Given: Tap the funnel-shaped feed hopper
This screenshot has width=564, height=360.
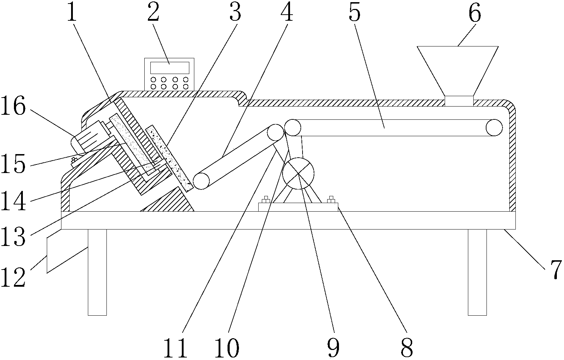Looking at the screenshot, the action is [458, 76].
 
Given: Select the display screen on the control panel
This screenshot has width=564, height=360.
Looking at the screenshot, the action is [170, 68].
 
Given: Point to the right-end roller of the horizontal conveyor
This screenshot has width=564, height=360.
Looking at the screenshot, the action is [494, 128].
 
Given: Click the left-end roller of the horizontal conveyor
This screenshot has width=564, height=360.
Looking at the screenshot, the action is [293, 128].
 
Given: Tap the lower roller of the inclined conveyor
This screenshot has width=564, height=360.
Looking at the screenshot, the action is [201, 181].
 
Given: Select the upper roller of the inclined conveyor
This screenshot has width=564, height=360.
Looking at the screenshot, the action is [275, 133].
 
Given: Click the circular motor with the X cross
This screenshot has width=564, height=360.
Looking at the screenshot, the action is [298, 173].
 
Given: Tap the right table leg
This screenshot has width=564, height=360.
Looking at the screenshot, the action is [478, 272].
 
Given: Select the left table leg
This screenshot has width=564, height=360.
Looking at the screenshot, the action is [97, 272].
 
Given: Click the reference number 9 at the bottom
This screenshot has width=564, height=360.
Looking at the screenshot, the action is [333, 348].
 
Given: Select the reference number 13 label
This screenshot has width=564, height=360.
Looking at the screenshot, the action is [13, 237].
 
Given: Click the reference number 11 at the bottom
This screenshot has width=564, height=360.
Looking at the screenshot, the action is [175, 348].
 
